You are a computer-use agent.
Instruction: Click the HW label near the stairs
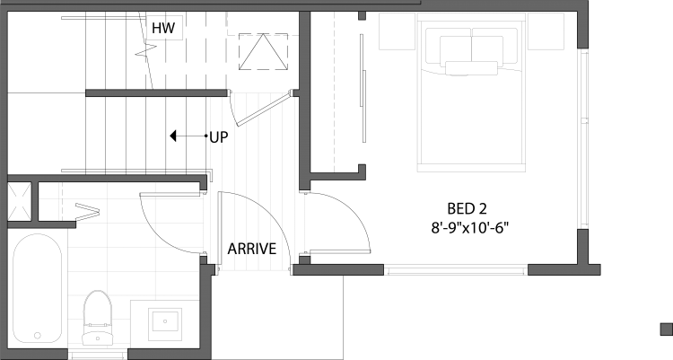[163, 28]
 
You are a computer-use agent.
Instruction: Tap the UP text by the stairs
[219, 137]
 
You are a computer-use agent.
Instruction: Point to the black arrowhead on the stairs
[173, 136]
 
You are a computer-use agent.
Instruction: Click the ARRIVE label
[252, 249]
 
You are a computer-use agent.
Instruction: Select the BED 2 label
[467, 209]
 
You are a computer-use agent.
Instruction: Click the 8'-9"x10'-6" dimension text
[469, 227]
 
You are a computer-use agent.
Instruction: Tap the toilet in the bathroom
[98, 318]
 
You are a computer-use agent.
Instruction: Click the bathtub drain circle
[38, 336]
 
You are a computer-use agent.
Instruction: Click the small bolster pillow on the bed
[471, 68]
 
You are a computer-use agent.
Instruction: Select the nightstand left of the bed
[397, 31]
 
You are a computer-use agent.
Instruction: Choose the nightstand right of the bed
[546, 31]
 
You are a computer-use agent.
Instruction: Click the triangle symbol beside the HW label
[263, 52]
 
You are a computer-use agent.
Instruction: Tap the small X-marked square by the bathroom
[20, 201]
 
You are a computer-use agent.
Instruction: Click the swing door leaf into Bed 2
[339, 251]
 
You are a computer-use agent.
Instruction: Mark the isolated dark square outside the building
[667, 329]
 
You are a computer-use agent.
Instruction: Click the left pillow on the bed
[455, 48]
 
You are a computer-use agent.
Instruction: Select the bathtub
[38, 288]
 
